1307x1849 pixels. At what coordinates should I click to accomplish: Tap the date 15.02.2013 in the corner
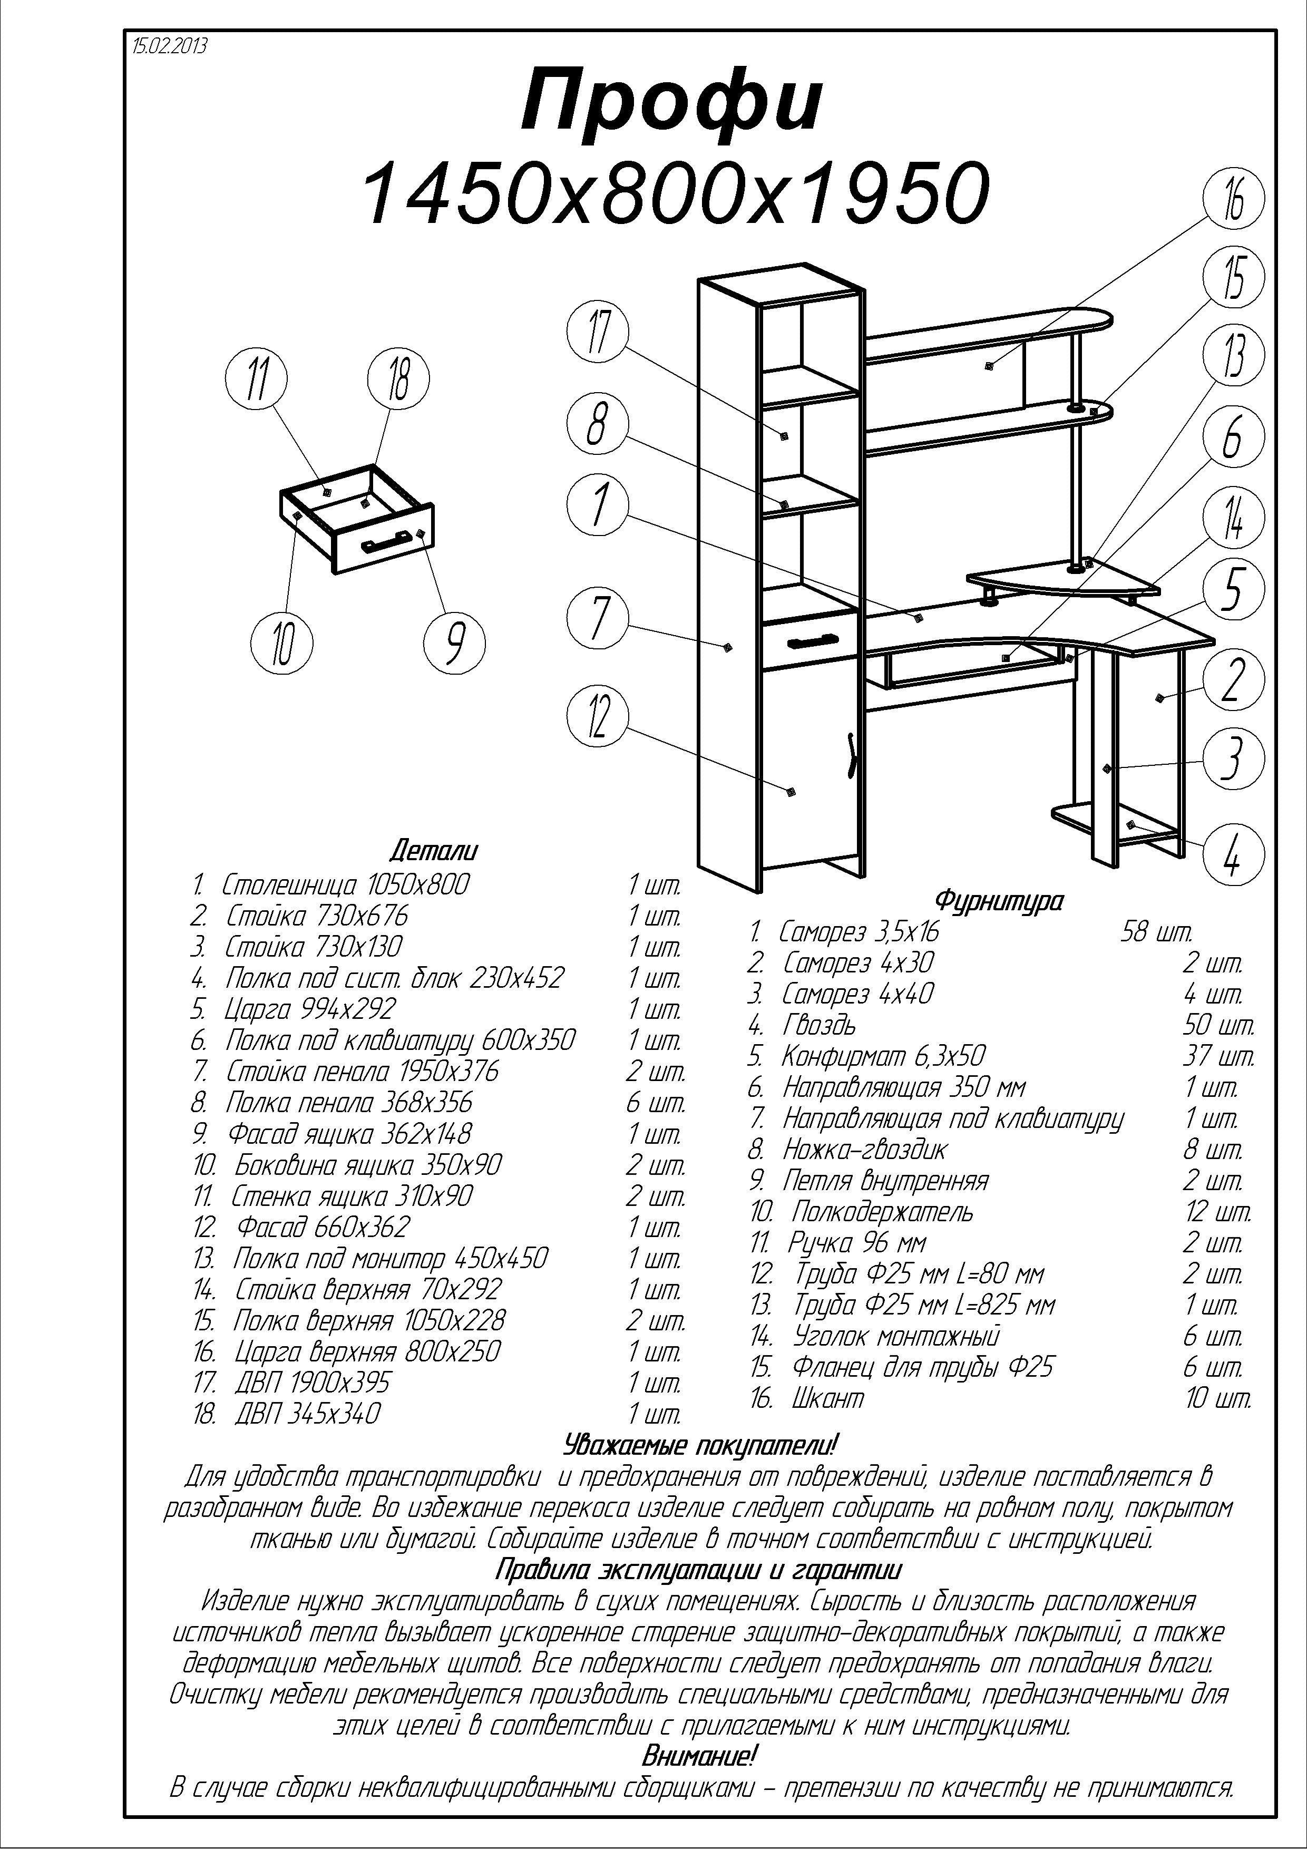click(x=169, y=46)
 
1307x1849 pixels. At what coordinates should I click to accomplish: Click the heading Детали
click(x=433, y=850)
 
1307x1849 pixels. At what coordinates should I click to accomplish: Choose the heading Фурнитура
click(x=999, y=900)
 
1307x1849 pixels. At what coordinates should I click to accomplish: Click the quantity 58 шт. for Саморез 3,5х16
click(x=1156, y=932)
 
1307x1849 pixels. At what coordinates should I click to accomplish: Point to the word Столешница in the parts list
click(x=291, y=885)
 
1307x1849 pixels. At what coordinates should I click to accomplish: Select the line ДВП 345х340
click(x=307, y=1413)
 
